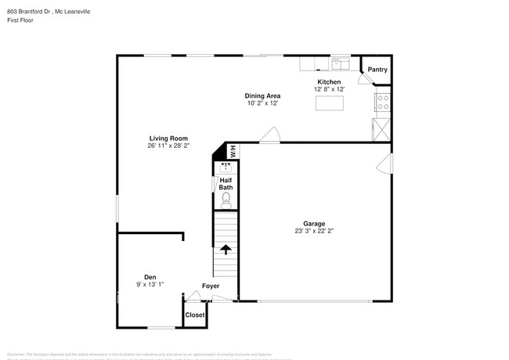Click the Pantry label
(377, 70)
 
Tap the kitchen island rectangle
(330, 102)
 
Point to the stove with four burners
(384, 102)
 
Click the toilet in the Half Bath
(226, 200)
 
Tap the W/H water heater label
(232, 153)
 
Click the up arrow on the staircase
(226, 250)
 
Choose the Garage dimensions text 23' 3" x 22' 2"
(314, 231)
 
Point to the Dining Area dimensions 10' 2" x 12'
(262, 103)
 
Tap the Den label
(150, 276)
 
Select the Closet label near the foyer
(194, 315)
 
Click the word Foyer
(211, 286)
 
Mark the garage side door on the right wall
(384, 163)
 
